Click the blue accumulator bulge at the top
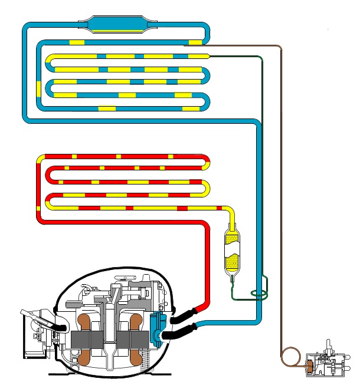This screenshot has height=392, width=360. coord(112,24)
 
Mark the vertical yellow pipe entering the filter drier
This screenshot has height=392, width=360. coord(233,221)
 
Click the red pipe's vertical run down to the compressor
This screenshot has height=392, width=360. coord(207,265)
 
